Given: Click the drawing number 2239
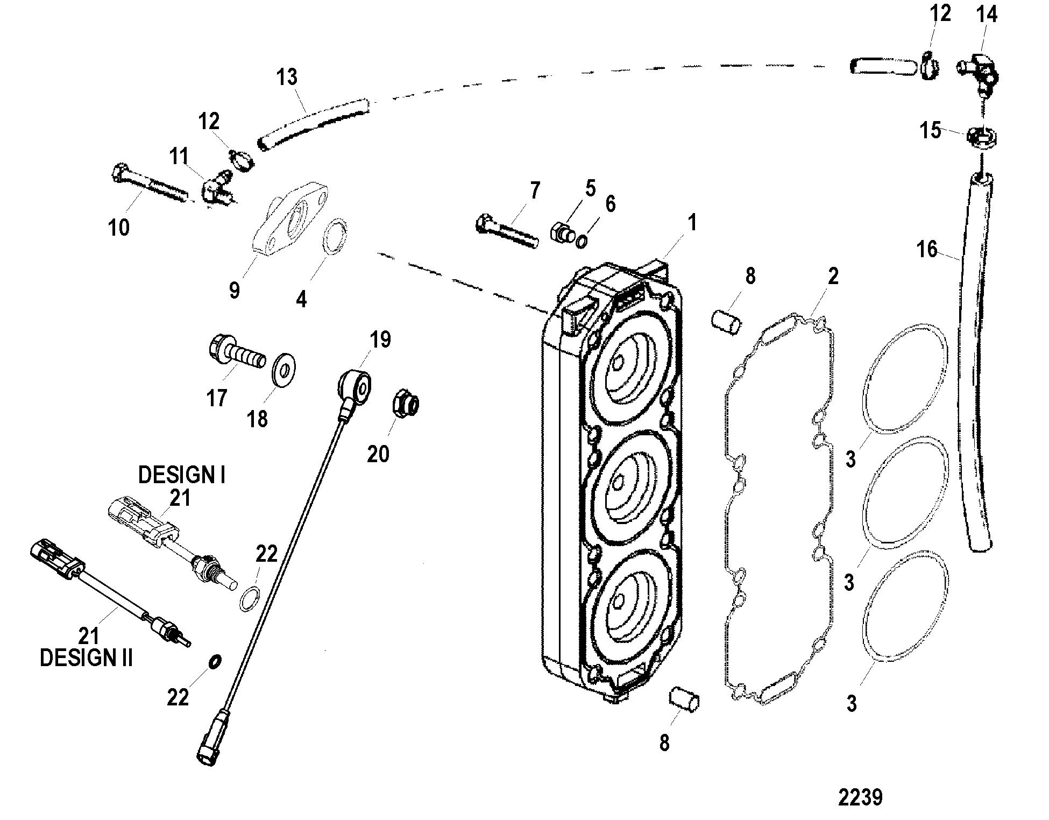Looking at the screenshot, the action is [x=860, y=797].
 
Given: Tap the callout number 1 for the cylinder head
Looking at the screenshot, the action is [x=692, y=222].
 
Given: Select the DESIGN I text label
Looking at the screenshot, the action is [x=182, y=475].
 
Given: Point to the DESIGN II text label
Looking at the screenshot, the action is [x=86, y=658].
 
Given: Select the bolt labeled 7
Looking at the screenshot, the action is [x=507, y=232].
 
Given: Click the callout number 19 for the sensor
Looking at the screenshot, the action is [x=380, y=340].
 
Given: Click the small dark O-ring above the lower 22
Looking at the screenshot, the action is [x=214, y=661].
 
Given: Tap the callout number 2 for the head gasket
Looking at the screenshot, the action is [x=833, y=277].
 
